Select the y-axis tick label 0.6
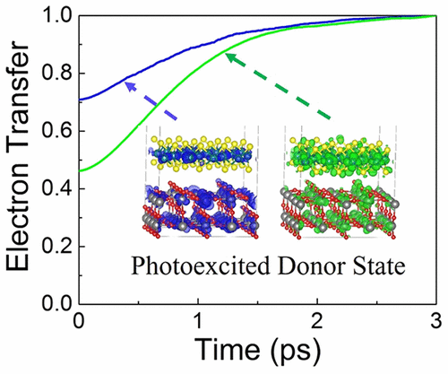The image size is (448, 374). click(x=56, y=132)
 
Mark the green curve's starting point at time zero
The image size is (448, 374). click(x=82, y=170)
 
